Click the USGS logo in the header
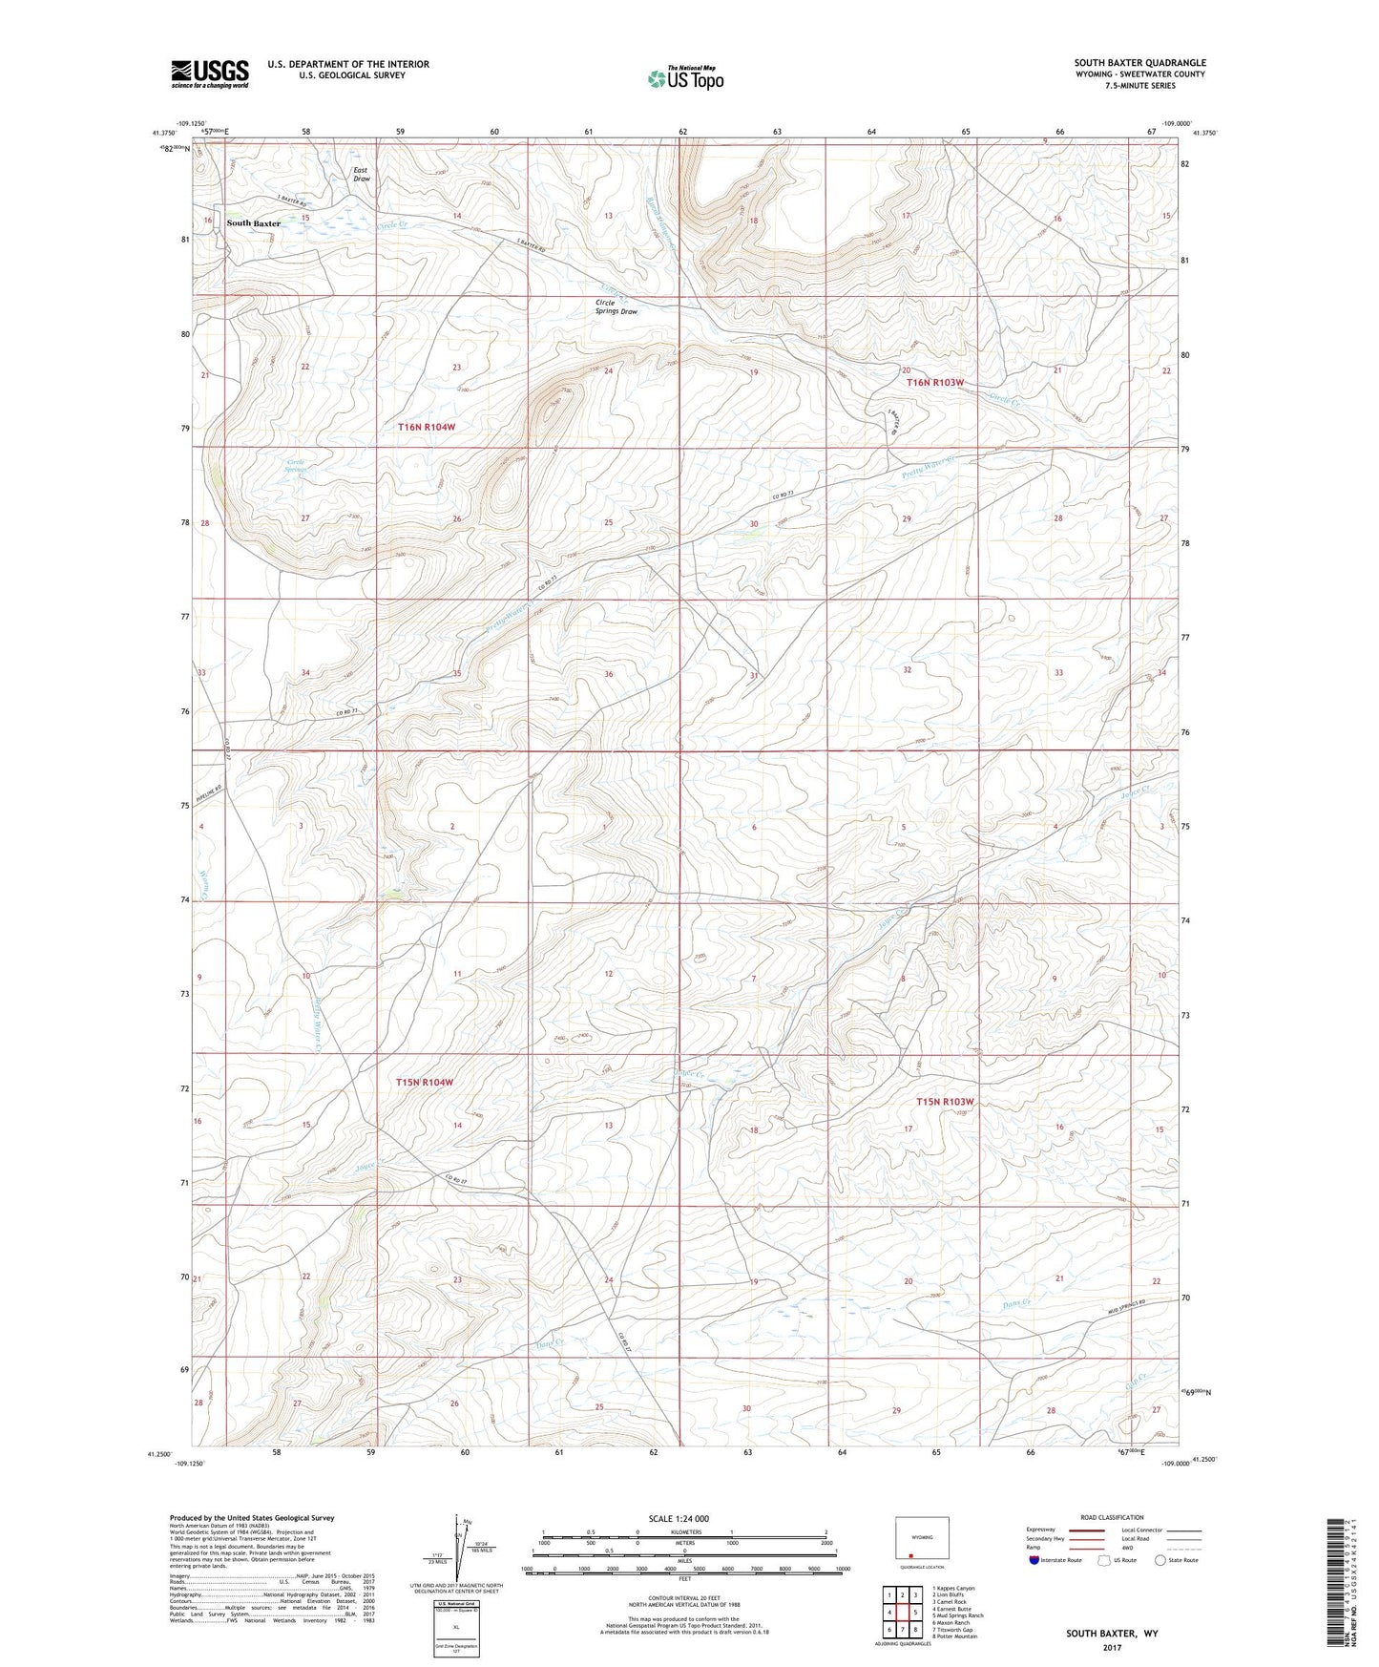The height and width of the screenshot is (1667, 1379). (210, 74)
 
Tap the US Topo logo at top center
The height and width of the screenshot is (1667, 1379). (684, 78)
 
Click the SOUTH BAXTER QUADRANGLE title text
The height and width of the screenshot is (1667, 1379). (1139, 63)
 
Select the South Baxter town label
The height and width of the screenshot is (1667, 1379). (254, 223)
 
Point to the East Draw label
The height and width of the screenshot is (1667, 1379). (361, 175)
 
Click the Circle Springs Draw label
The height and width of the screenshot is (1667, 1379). (616, 307)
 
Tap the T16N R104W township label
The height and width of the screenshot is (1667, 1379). (426, 428)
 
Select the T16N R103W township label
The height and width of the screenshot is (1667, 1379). (934, 382)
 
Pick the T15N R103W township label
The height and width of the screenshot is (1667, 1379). (944, 1102)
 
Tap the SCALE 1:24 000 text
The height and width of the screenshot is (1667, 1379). (679, 1519)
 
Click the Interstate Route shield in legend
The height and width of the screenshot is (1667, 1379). (1035, 1560)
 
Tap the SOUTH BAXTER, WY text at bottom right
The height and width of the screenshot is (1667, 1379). (1112, 1634)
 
